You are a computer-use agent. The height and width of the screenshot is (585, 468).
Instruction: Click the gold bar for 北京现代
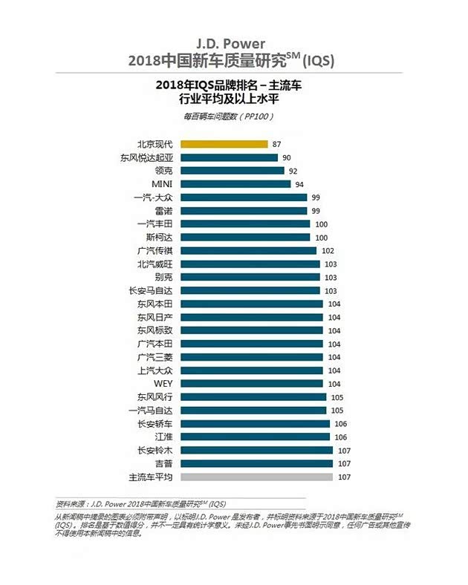(x=223, y=144)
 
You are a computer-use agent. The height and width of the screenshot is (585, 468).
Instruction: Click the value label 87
(x=276, y=144)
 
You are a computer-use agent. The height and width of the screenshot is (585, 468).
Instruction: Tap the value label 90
(x=286, y=157)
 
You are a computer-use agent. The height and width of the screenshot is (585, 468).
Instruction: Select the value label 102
(x=328, y=250)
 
